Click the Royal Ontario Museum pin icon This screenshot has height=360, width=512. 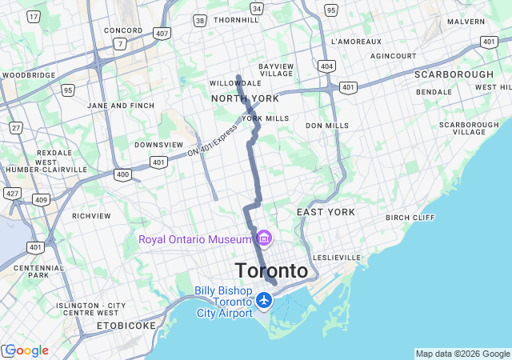(x=264, y=238)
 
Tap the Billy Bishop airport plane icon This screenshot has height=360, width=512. (x=264, y=301)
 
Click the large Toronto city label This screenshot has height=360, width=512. (x=271, y=271)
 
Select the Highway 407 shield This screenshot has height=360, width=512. (x=162, y=33)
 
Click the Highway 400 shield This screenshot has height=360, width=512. (x=122, y=174)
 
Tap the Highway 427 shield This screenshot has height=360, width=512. (x=11, y=193)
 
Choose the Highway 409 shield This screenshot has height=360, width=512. (x=40, y=198)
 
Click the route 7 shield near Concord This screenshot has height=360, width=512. (x=119, y=44)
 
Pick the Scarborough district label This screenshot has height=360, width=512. (x=454, y=74)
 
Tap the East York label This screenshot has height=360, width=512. (x=325, y=212)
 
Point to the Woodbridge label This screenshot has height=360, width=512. (x=29, y=75)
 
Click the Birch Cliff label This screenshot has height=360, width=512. (x=410, y=218)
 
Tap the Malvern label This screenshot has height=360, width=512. (x=466, y=22)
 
